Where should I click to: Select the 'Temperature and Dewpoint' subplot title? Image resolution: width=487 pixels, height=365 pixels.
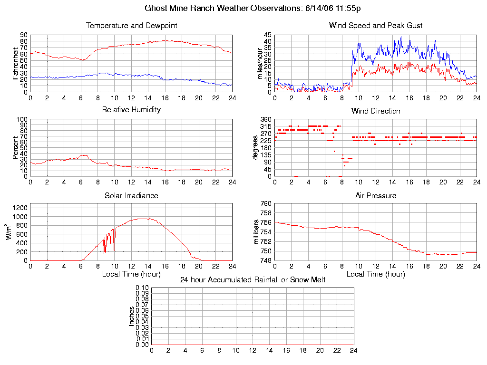tap(131, 26)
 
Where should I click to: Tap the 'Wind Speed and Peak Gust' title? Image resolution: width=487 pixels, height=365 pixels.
tap(376, 26)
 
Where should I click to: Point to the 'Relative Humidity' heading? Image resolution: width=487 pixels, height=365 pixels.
tap(131, 110)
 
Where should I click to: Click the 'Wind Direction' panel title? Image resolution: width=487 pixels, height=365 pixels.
tap(376, 111)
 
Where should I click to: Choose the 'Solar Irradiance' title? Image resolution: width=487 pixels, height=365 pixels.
tap(131, 195)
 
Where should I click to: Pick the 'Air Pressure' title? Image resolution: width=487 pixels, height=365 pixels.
tap(376, 195)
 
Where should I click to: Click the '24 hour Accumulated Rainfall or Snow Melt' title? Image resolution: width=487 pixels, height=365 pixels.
tap(253, 280)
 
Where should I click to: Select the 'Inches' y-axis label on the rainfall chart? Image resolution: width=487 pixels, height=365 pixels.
tap(131, 316)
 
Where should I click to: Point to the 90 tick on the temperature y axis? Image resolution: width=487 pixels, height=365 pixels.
tap(23, 35)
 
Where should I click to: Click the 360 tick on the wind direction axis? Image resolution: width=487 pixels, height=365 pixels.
tap(265, 119)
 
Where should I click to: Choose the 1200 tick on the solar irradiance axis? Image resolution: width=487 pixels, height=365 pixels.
tap(20, 207)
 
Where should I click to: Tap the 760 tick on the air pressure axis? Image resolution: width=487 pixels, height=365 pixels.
tap(265, 203)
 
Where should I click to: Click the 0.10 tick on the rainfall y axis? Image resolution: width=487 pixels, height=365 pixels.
tap(142, 288)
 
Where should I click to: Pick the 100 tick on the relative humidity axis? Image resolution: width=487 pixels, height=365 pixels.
tap(22, 119)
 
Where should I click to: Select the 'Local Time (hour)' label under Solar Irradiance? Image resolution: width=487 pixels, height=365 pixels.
tap(131, 274)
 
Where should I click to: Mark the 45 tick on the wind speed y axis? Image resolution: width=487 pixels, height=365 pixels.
tap(267, 35)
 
